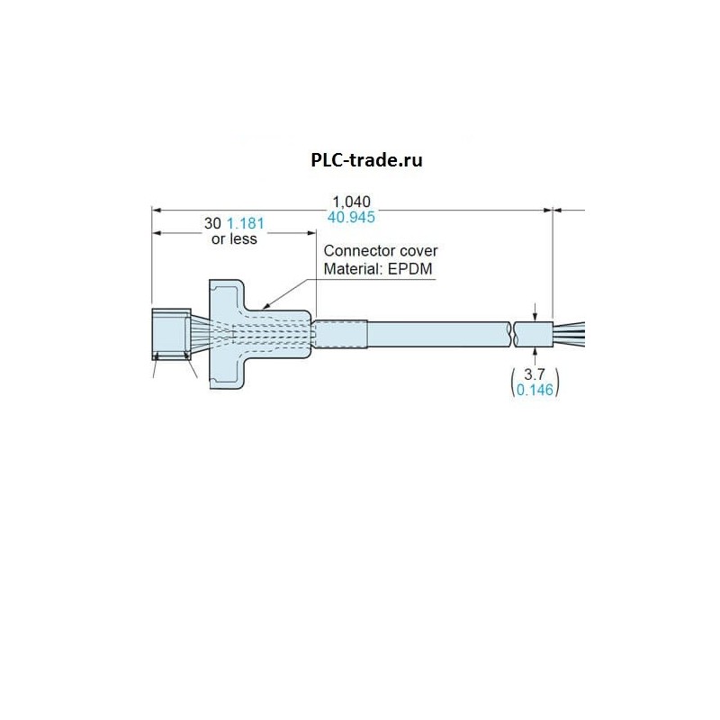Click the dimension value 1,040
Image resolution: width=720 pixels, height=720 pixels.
pos(352,202)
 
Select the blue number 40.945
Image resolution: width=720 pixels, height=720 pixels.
pos(352,217)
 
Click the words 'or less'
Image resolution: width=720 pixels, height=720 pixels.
pos(233,238)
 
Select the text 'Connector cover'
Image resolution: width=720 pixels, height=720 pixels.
pos(382,252)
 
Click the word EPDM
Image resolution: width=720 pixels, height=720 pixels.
pos(410,268)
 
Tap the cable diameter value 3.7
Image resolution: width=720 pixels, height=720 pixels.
pos(535,375)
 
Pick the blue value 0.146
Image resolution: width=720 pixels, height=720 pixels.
pos(535,391)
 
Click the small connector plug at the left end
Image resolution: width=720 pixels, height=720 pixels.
pos(170,335)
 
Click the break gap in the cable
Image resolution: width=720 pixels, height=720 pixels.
pos(512,335)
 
